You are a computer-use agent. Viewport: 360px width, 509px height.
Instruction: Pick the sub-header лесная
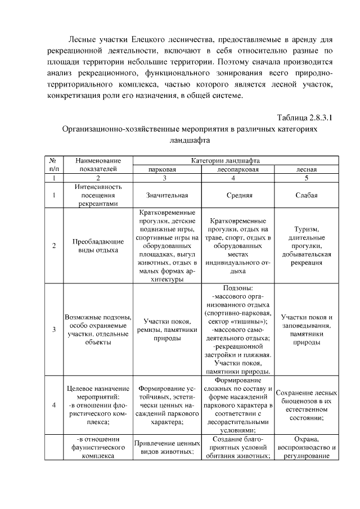(307, 169)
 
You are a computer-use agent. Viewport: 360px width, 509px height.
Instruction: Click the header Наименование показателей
(98, 164)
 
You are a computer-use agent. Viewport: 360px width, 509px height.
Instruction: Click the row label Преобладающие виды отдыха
(98, 246)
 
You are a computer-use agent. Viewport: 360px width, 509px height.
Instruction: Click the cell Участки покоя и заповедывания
(307, 329)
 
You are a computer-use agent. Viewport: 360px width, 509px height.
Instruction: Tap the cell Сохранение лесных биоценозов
(307, 404)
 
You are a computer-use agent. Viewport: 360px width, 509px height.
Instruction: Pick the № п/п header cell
(54, 164)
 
